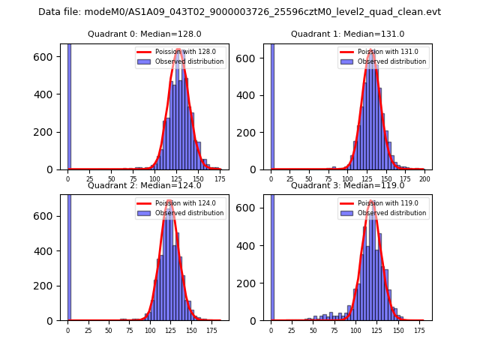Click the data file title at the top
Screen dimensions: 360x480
(x=239, y=12)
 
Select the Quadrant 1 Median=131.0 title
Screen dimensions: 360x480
(x=347, y=34)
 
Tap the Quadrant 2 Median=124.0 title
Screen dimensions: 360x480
(x=144, y=185)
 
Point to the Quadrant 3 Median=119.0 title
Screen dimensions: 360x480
(x=347, y=185)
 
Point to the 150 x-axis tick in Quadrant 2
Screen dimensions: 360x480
(x=191, y=330)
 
